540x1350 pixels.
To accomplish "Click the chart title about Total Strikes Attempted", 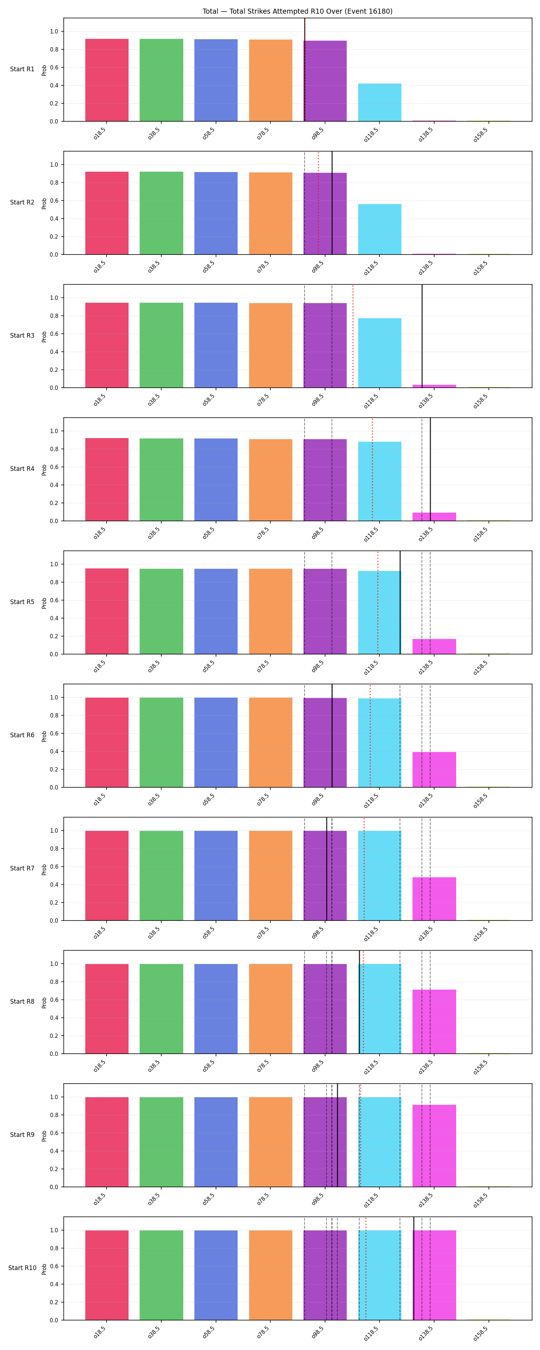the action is pyautogui.click(x=297, y=11).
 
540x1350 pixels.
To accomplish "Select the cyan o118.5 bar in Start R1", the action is pyautogui.click(x=379, y=102).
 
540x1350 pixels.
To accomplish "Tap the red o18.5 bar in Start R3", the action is pyautogui.click(x=107, y=345).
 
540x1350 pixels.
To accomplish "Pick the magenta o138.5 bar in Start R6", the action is pyautogui.click(x=434, y=769).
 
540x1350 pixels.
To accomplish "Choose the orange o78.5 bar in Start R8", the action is pyautogui.click(x=270, y=1008).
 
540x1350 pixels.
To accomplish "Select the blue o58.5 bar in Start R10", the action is pyautogui.click(x=216, y=1275).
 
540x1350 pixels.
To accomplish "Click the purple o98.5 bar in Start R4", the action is pyautogui.click(x=325, y=480).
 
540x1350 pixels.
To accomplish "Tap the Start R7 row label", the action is pyautogui.click(x=22, y=868).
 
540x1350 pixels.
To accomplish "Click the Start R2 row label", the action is pyautogui.click(x=22, y=202).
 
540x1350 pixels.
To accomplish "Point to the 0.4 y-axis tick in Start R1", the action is pyautogui.click(x=54, y=85).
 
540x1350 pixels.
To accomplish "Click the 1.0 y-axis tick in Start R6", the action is pyautogui.click(x=54, y=698).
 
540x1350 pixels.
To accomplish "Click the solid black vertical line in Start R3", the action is pyautogui.click(x=422, y=336).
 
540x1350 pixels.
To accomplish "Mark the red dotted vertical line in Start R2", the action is pyautogui.click(x=318, y=203).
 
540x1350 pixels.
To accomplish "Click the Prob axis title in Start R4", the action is pyautogui.click(x=44, y=469).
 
